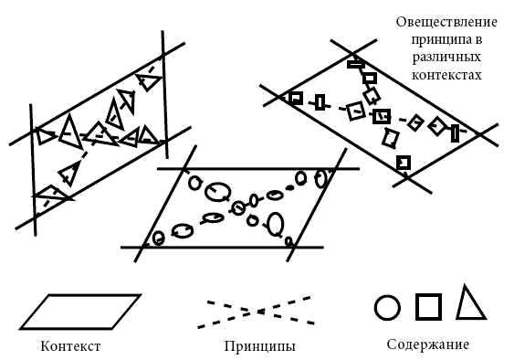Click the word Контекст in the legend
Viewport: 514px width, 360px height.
pos(70,346)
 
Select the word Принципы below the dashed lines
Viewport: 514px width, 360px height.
pos(259,346)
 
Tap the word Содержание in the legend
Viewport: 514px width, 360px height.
pos(428,344)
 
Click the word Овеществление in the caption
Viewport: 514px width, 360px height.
pos(446,22)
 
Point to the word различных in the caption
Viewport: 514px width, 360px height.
pos(446,58)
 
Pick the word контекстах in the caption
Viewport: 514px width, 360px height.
pos(446,75)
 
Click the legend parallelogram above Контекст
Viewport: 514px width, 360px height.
pos(81,296)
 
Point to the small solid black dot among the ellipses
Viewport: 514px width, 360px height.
pos(289,188)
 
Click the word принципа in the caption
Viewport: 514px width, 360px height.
pos(446,40)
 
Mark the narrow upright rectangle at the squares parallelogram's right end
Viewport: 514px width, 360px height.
pos(455,133)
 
